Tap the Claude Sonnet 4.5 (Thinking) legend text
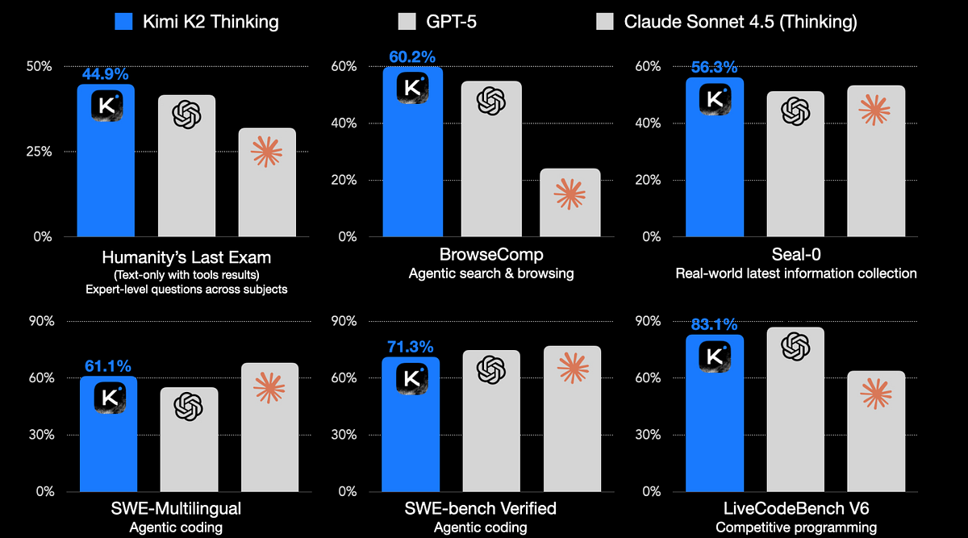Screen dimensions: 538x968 [x=741, y=22]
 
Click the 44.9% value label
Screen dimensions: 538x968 [x=106, y=74]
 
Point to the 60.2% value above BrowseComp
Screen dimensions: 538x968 [x=411, y=56]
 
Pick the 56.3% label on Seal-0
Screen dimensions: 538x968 [x=715, y=68]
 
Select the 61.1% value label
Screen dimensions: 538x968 [x=108, y=366]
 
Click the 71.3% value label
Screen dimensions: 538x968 [x=411, y=348]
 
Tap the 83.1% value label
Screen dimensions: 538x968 [x=714, y=325]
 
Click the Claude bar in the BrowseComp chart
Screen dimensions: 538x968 [x=570, y=203]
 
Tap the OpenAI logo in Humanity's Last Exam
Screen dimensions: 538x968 [x=186, y=114]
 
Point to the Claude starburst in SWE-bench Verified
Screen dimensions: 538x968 [x=573, y=368]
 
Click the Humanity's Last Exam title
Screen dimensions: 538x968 [x=186, y=258]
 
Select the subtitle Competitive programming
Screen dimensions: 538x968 [x=795, y=528]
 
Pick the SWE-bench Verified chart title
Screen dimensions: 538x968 [x=480, y=509]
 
